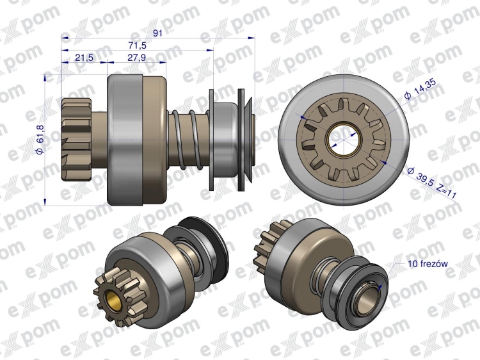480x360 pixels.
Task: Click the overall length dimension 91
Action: tap(157, 33)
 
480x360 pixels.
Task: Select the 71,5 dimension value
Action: tap(138, 45)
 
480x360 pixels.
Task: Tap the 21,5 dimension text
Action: tap(84, 58)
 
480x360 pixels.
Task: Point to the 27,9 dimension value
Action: tap(137, 58)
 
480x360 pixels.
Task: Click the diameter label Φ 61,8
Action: tap(40, 140)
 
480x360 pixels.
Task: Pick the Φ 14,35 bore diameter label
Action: tap(420, 89)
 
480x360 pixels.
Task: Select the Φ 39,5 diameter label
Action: tap(420, 177)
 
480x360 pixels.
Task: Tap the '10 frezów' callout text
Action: tap(428, 264)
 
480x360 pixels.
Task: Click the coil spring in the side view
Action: tap(188, 140)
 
